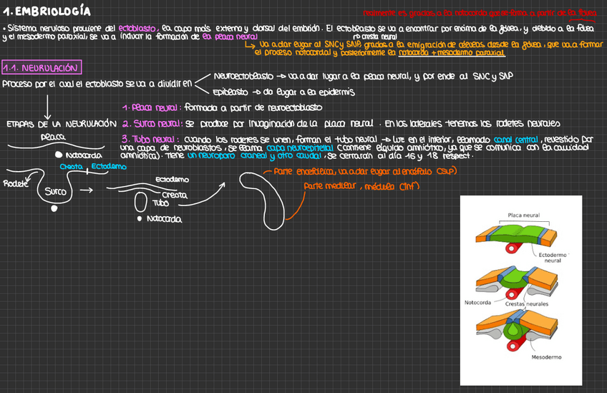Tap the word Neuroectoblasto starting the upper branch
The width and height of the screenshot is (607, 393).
243,76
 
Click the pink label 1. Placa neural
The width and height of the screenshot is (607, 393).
151,107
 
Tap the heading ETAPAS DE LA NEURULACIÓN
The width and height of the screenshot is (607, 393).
61,124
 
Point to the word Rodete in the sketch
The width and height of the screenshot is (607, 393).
15,183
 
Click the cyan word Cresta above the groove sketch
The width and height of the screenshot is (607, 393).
71,167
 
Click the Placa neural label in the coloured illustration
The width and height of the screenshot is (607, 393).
524,214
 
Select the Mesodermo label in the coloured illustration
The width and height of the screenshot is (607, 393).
546,356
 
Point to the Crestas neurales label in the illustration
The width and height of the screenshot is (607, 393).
527,304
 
